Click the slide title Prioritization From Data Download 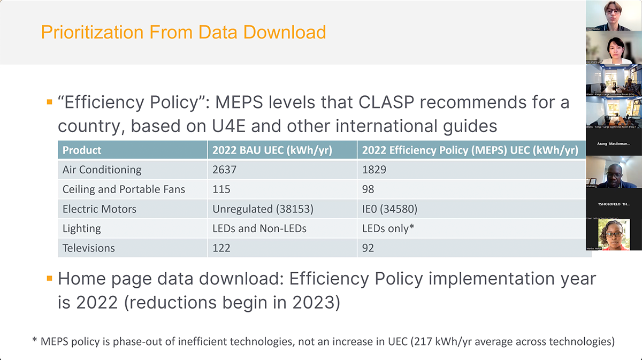[184, 32]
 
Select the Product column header [82, 150]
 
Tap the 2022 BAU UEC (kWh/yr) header [272, 150]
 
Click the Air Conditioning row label [102, 170]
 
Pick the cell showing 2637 [224, 170]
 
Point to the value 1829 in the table [374, 170]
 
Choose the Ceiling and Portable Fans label [124, 189]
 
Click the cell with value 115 [221, 189]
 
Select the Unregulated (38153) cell [263, 209]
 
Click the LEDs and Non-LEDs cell [259, 228]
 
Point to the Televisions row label [89, 248]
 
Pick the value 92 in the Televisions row [368, 248]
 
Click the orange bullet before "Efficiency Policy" [49, 102]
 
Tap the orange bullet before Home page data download [49, 278]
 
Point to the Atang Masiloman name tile [613, 143]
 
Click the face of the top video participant [612, 11]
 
